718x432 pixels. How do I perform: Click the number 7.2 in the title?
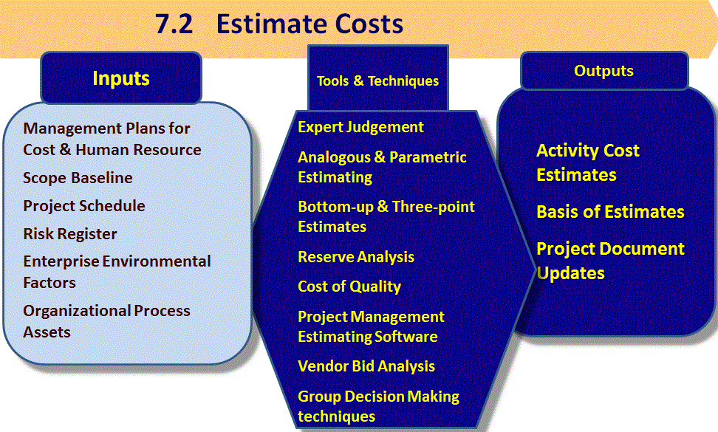click(174, 24)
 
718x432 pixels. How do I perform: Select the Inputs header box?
click(121, 78)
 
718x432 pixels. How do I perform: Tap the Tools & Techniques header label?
click(377, 81)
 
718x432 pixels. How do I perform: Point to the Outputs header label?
click(604, 71)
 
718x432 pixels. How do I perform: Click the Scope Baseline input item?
click(78, 177)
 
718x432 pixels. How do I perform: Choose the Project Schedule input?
click(84, 206)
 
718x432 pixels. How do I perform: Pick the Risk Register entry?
click(70, 234)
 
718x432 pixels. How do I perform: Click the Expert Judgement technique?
click(360, 127)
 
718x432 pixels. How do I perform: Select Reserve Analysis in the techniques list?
click(356, 257)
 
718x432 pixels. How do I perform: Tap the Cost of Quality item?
click(349, 287)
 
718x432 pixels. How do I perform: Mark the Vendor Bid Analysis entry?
click(366, 366)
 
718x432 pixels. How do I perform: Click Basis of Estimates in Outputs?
click(610, 212)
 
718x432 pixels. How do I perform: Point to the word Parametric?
click(428, 157)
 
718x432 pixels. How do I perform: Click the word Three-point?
click(434, 207)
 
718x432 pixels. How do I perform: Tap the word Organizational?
click(77, 311)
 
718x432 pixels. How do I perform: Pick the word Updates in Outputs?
click(570, 274)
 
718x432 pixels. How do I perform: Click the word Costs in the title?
click(369, 24)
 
